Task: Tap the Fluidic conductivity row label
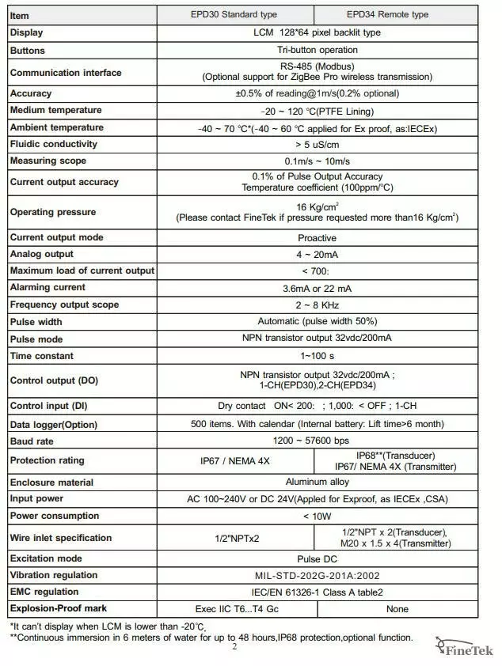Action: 54,144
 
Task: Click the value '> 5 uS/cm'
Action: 317,144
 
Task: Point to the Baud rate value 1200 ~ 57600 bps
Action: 317,440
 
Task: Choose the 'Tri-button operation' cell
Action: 317,50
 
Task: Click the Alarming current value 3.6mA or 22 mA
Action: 317,288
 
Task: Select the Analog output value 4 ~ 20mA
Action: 317,254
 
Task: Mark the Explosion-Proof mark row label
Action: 58,608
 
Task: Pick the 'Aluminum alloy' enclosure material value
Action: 317,482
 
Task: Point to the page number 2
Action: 234,647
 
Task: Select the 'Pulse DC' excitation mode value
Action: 317,558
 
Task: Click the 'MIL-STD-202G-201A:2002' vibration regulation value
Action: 317,575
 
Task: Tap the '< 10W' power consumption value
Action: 317,516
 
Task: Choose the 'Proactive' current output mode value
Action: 317,237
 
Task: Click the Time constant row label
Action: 42,356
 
